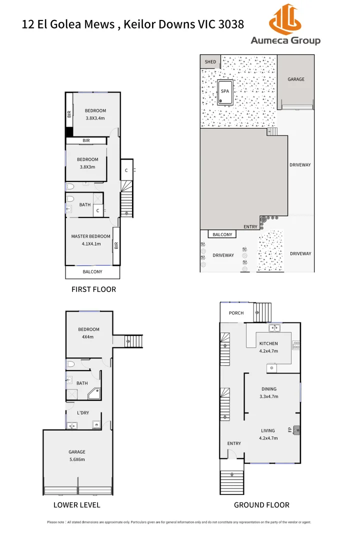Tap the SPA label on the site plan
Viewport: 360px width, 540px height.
pyautogui.click(x=225, y=91)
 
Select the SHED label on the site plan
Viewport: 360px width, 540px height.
pyautogui.click(x=210, y=62)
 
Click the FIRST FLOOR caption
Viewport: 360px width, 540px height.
pyautogui.click(x=93, y=289)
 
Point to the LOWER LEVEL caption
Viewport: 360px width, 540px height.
pyautogui.click(x=77, y=504)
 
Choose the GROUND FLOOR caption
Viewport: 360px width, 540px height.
pyautogui.click(x=261, y=504)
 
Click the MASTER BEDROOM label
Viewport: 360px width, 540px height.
pyautogui.click(x=90, y=236)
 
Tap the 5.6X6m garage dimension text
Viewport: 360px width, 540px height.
pyautogui.click(x=77, y=459)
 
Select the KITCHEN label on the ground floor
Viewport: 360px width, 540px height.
pyautogui.click(x=268, y=343)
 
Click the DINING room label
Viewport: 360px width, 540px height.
pyautogui.click(x=268, y=389)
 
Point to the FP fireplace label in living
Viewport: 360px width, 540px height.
pyautogui.click(x=290, y=429)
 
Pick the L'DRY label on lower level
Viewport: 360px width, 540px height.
pyautogui.click(x=83, y=413)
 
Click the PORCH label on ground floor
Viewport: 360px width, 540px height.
pyautogui.click(x=236, y=313)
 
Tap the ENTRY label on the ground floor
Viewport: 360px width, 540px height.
pyautogui.click(x=234, y=443)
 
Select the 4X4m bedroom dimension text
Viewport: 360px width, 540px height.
pyautogui.click(x=88, y=336)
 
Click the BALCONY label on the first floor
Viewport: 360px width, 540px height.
pyautogui.click(x=92, y=272)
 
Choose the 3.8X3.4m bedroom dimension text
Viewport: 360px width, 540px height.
pyautogui.click(x=95, y=118)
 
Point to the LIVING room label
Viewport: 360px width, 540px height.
pyautogui.click(x=268, y=430)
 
